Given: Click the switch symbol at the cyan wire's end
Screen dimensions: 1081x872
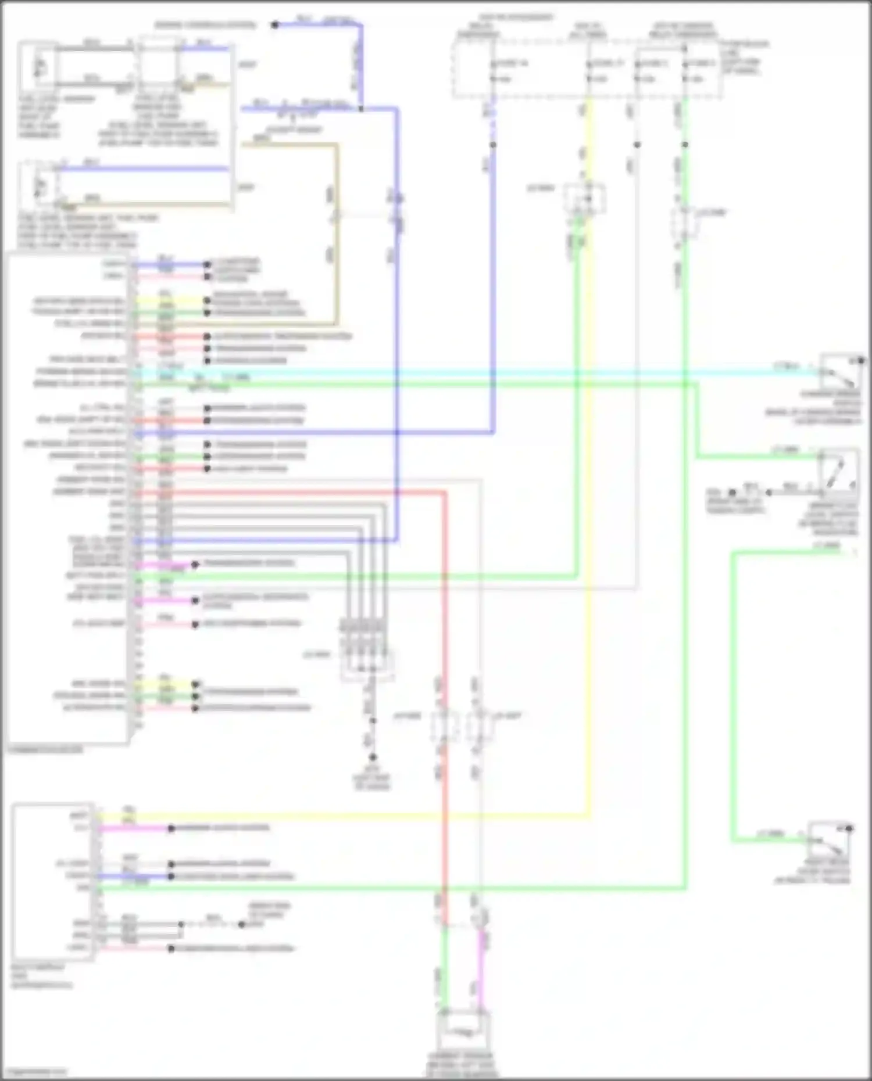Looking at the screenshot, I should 840,372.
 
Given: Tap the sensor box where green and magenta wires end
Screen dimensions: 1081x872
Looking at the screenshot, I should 463,1030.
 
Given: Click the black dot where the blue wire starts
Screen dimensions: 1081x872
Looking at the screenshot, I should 275,24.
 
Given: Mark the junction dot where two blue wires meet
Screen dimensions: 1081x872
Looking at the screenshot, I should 361,109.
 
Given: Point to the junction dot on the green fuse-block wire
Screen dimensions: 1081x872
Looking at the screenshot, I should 685,144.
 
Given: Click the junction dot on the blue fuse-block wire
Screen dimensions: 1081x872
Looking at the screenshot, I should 493,144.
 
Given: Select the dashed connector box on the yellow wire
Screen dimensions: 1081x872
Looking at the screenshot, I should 585,199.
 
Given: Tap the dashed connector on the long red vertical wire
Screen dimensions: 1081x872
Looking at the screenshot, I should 444,726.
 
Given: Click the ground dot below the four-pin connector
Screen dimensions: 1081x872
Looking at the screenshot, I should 373,757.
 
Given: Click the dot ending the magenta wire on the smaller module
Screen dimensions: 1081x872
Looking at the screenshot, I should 171,828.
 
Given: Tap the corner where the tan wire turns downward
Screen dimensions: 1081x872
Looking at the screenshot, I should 336,145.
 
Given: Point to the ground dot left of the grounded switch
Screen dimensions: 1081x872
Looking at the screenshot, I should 733,492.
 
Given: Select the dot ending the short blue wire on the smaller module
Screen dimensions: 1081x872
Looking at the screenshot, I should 171,876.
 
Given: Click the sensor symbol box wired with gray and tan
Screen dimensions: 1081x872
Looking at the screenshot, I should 38,65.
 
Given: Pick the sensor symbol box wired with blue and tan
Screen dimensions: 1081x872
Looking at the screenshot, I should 38,185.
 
